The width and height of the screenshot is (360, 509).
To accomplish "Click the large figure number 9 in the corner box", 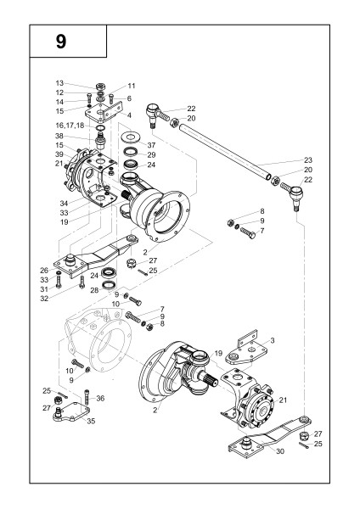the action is tap(61, 42).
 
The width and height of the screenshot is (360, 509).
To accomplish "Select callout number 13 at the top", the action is tap(59, 83).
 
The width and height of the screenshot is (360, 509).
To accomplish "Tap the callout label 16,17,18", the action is tap(70, 126).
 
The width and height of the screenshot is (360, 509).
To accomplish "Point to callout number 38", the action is tap(59, 136).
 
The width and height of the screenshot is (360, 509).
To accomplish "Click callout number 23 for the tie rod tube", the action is tap(308, 160).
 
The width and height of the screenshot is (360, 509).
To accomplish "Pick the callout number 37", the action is tap(151, 145).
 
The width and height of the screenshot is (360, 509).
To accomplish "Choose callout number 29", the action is tap(151, 155).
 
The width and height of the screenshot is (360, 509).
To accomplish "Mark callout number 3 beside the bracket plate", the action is tap(273, 340).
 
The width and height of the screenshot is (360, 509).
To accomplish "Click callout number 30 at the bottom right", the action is tap(280, 451).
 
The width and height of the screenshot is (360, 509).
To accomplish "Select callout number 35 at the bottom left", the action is tap(91, 421).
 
